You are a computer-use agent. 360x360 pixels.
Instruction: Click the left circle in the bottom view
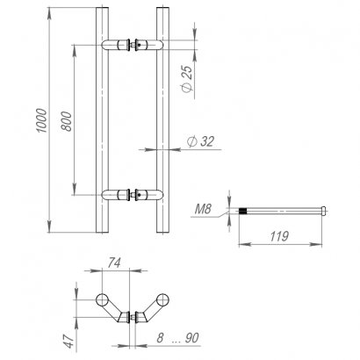click(x=102, y=300)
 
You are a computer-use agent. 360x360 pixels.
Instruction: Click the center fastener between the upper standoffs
click(x=133, y=43)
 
